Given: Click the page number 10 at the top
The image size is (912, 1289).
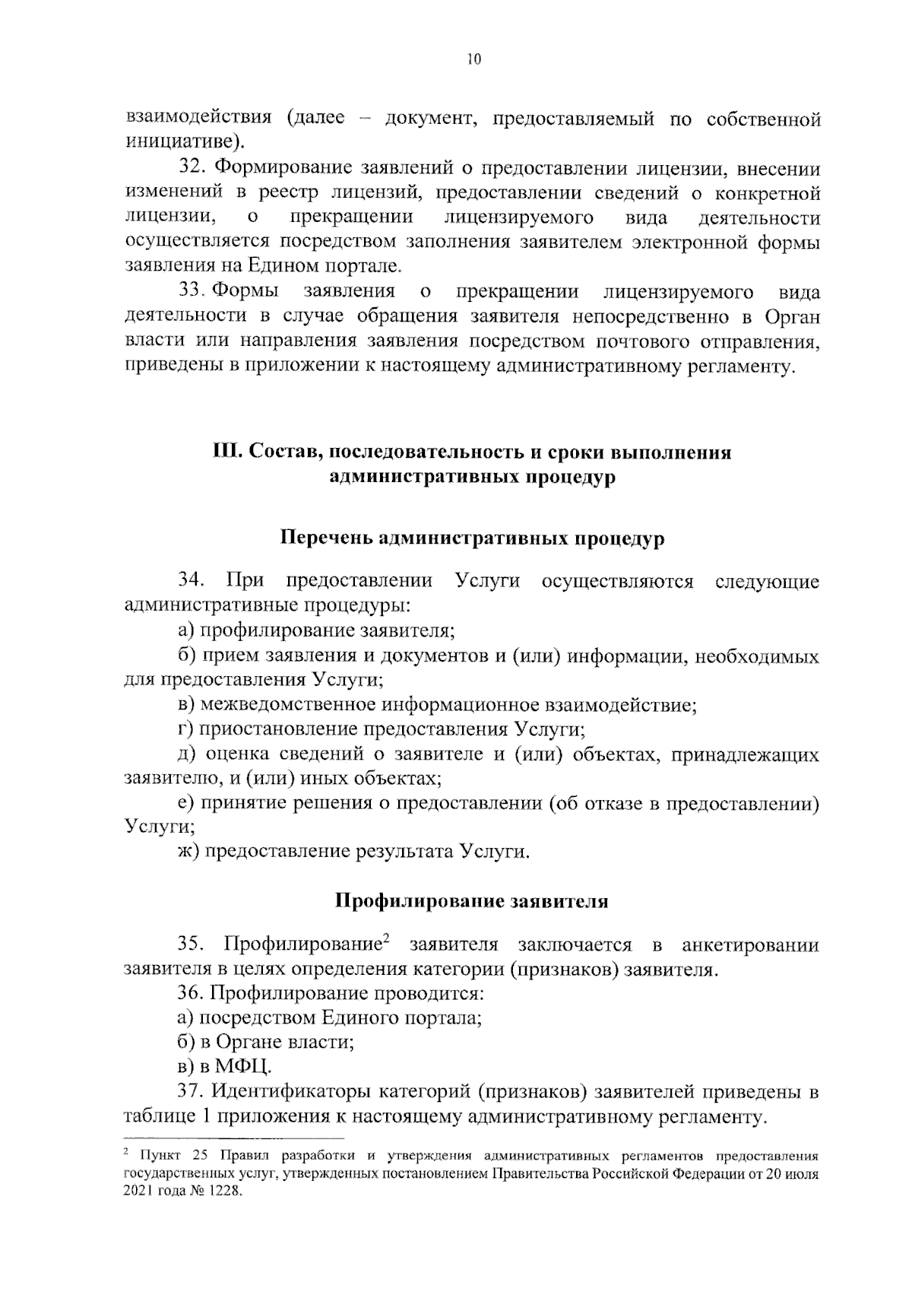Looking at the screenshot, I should (475, 59).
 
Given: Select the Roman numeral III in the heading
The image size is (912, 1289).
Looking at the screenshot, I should (226, 452).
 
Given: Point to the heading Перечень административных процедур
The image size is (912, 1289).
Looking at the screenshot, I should (473, 538).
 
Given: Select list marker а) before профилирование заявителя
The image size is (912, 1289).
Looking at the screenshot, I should (186, 630).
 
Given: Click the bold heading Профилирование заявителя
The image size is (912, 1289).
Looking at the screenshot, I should (472, 901).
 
